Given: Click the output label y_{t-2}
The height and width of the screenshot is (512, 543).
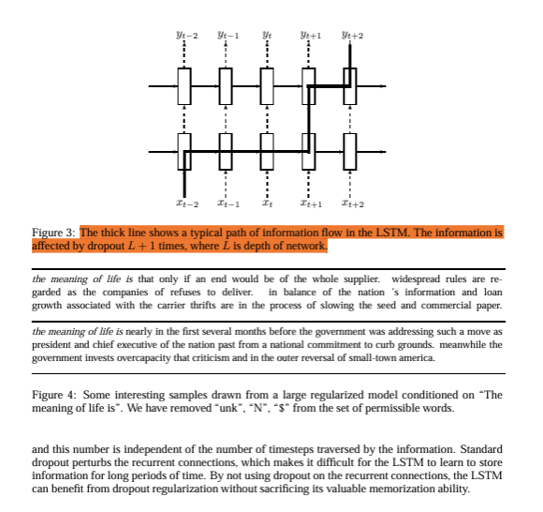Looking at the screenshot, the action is point(187,35).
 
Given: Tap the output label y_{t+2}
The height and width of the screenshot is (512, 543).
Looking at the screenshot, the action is point(353,35).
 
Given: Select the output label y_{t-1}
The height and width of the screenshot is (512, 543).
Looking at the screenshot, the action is point(228,35).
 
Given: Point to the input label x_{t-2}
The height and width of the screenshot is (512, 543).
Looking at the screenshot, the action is point(187,203).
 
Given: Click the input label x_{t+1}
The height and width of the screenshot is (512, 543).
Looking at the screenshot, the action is point(311,203).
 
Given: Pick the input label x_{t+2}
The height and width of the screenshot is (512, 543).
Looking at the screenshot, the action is point(353,203).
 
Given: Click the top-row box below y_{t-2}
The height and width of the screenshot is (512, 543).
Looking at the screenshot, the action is point(184,86).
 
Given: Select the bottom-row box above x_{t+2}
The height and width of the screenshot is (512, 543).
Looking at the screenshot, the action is point(350,152).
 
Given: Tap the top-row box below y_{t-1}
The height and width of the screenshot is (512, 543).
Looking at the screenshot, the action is point(226,86).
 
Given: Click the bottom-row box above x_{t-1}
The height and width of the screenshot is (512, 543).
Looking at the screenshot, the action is point(226,152).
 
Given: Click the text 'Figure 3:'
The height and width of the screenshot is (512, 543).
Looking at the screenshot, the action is point(53,233).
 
